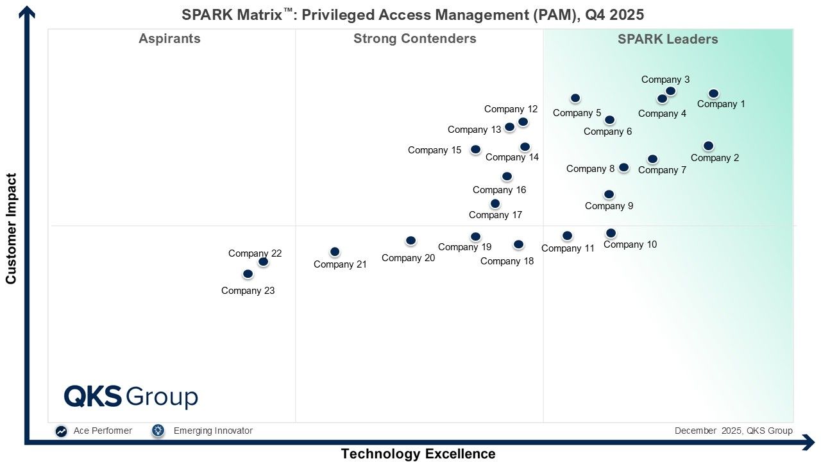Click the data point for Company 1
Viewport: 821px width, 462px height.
pos(713,94)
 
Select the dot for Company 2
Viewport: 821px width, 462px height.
pos(708,146)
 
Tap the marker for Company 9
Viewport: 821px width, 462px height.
pos(609,194)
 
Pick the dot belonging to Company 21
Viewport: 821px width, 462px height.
pos(335,252)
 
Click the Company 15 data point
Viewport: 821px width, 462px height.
pos(475,150)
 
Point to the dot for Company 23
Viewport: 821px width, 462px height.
pos(248,273)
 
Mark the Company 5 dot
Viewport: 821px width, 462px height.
pos(575,98)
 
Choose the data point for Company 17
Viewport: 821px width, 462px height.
pos(495,203)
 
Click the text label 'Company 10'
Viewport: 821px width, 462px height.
pos(630,244)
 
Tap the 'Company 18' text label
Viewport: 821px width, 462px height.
pos(507,261)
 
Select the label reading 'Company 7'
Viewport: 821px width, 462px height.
pos(662,170)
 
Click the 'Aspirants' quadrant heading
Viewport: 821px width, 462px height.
pos(170,38)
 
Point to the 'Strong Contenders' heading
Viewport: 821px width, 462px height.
pos(415,38)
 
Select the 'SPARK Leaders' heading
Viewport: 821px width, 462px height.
pos(668,39)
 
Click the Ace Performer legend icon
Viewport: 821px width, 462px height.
pos(61,431)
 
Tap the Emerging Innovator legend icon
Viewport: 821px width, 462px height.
pos(158,431)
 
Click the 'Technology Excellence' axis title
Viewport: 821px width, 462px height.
pos(418,454)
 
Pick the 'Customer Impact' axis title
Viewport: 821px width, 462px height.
pos(11,228)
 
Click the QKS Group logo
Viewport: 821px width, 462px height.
pos(131,397)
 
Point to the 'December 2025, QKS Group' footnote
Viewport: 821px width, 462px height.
pos(733,431)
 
